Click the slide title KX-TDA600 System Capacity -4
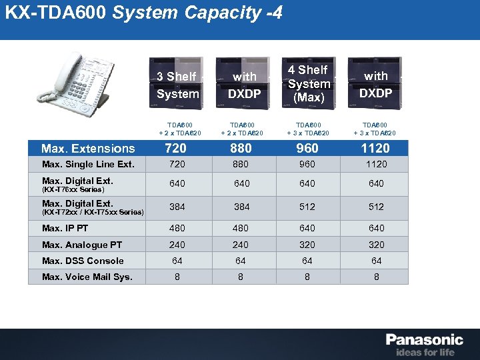point(143,13)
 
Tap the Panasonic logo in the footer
point(424,339)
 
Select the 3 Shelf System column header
point(177,85)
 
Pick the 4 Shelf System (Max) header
point(309,83)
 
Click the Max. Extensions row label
point(88,149)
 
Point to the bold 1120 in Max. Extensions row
point(375,149)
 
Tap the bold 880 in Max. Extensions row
point(242,149)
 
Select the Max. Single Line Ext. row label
point(88,164)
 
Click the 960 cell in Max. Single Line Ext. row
point(307,164)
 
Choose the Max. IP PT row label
point(65,228)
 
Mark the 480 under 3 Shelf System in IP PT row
point(177,228)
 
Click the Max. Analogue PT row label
point(81,245)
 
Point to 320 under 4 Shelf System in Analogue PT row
point(307,245)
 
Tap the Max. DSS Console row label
point(83,261)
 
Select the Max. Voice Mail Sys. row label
point(87,277)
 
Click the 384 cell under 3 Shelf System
point(177,207)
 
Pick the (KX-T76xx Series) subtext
point(73,189)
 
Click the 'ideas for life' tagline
point(425,352)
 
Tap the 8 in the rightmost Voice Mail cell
point(376,277)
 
